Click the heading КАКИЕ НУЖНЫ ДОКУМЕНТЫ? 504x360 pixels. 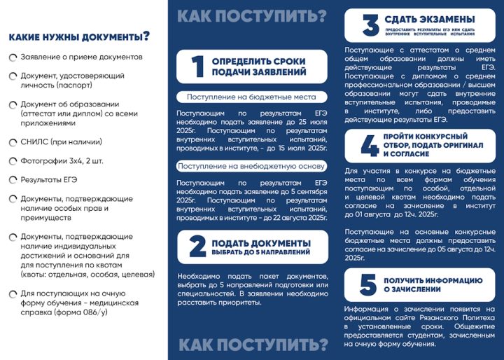click(x=78, y=36)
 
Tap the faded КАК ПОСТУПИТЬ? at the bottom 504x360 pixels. click(x=253, y=344)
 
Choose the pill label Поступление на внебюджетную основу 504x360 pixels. click(x=251, y=166)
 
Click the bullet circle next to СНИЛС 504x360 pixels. click(x=13, y=142)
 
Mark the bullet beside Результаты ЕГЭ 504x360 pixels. click(x=13, y=180)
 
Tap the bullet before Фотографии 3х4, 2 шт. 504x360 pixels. click(x=13, y=161)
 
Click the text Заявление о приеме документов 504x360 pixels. click(x=81, y=56)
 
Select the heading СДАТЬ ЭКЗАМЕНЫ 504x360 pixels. click(x=426, y=18)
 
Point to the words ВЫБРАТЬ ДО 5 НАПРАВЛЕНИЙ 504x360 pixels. click(x=260, y=252)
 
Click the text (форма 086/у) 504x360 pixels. click(x=83, y=312)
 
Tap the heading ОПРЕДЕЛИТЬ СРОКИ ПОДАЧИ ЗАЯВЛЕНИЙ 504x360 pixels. click(x=258, y=67)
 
